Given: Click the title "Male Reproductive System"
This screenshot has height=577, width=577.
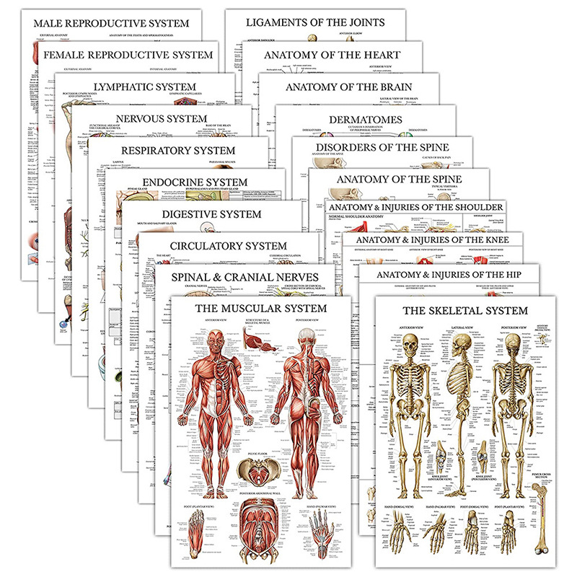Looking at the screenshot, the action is point(111,23).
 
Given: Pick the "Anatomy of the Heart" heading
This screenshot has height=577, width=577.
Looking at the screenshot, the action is point(332,55).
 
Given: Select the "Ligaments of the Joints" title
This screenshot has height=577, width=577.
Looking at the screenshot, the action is point(315,22).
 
